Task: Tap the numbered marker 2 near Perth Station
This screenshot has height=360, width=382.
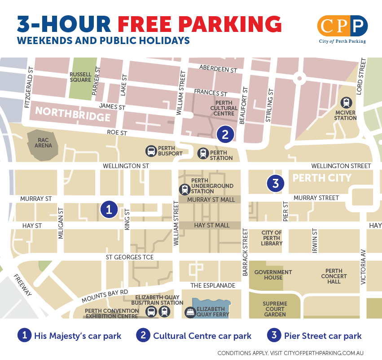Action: tap(225, 133)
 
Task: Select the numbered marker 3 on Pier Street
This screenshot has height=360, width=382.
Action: tap(276, 183)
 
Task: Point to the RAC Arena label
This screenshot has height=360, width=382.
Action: tap(44, 142)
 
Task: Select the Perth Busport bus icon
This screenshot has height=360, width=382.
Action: tap(151, 151)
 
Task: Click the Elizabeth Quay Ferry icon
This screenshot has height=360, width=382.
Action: tap(190, 312)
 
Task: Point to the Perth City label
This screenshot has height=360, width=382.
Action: tap(322, 178)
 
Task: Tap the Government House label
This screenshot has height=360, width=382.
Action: tap(273, 275)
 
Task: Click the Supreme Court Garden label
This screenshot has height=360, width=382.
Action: tap(274, 309)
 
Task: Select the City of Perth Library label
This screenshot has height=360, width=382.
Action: tap(272, 238)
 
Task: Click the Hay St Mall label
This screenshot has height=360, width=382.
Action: tap(211, 225)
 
